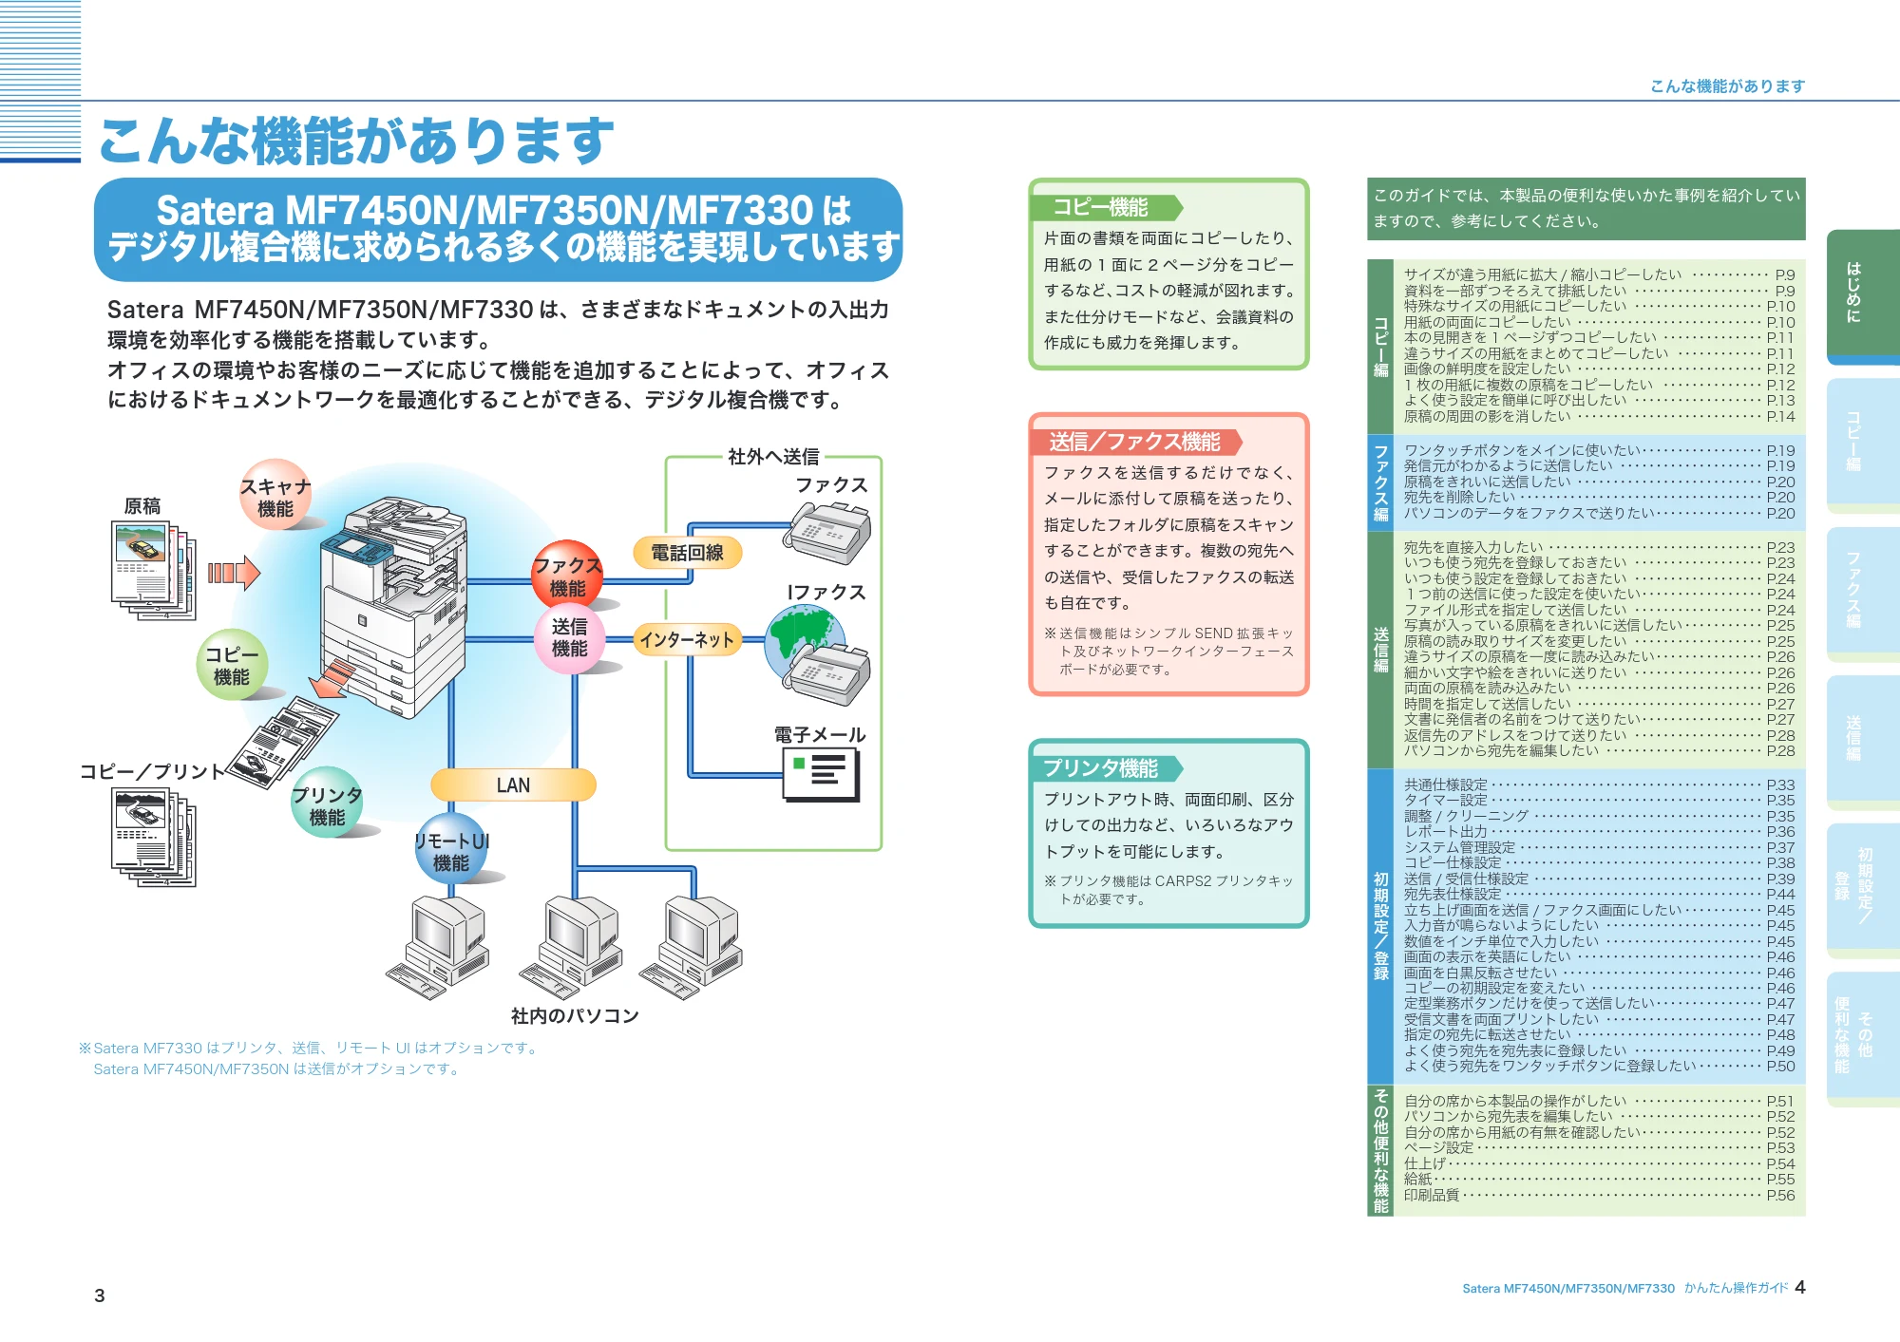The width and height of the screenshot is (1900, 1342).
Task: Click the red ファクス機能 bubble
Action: point(567,576)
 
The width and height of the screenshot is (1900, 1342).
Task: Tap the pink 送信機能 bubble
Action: point(569,638)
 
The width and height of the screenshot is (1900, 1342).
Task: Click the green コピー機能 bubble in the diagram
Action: point(232,665)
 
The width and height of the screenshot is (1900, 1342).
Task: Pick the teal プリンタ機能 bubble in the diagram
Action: point(327,803)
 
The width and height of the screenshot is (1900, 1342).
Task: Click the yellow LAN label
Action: point(513,785)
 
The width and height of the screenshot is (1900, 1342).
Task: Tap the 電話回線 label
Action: point(688,552)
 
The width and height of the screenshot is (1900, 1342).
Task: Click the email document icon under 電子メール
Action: point(821,774)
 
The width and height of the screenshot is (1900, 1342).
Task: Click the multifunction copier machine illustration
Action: point(394,608)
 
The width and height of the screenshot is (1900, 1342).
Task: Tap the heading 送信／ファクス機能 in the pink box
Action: point(1135,442)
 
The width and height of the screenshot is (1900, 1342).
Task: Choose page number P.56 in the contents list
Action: point(1780,1195)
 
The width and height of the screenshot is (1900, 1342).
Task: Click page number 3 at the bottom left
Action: point(100,1295)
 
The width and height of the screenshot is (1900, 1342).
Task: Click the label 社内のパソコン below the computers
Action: point(575,1016)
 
